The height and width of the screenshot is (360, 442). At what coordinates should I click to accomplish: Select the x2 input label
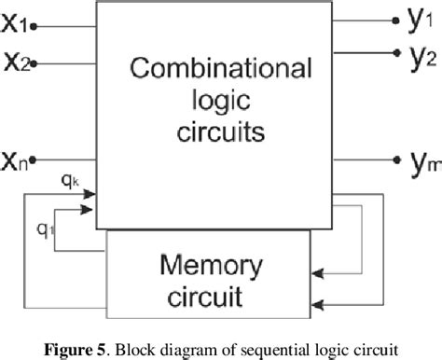20,62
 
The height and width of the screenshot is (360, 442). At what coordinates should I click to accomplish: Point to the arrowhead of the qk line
93,194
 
